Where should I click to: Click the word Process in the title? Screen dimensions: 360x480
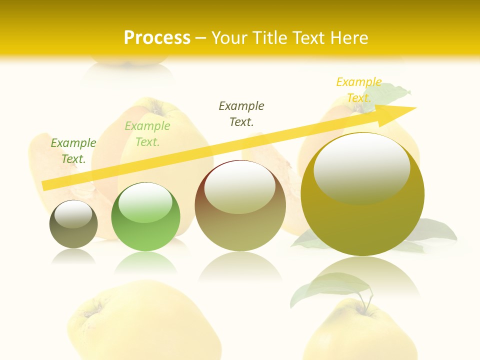pos(157,38)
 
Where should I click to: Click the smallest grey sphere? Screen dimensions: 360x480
pos(73,224)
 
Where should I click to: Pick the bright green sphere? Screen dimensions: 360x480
pos(145,217)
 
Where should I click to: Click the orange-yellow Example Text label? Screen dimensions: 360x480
pos(358,90)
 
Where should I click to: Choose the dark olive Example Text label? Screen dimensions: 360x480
pos(241,113)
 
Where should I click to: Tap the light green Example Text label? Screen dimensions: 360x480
pos(147,134)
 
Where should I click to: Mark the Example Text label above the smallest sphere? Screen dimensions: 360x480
pos(73,151)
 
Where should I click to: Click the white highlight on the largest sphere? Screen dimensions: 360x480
pos(361,168)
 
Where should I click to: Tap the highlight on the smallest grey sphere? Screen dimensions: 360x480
pos(73,214)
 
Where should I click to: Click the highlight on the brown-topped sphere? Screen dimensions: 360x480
pos(239,186)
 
